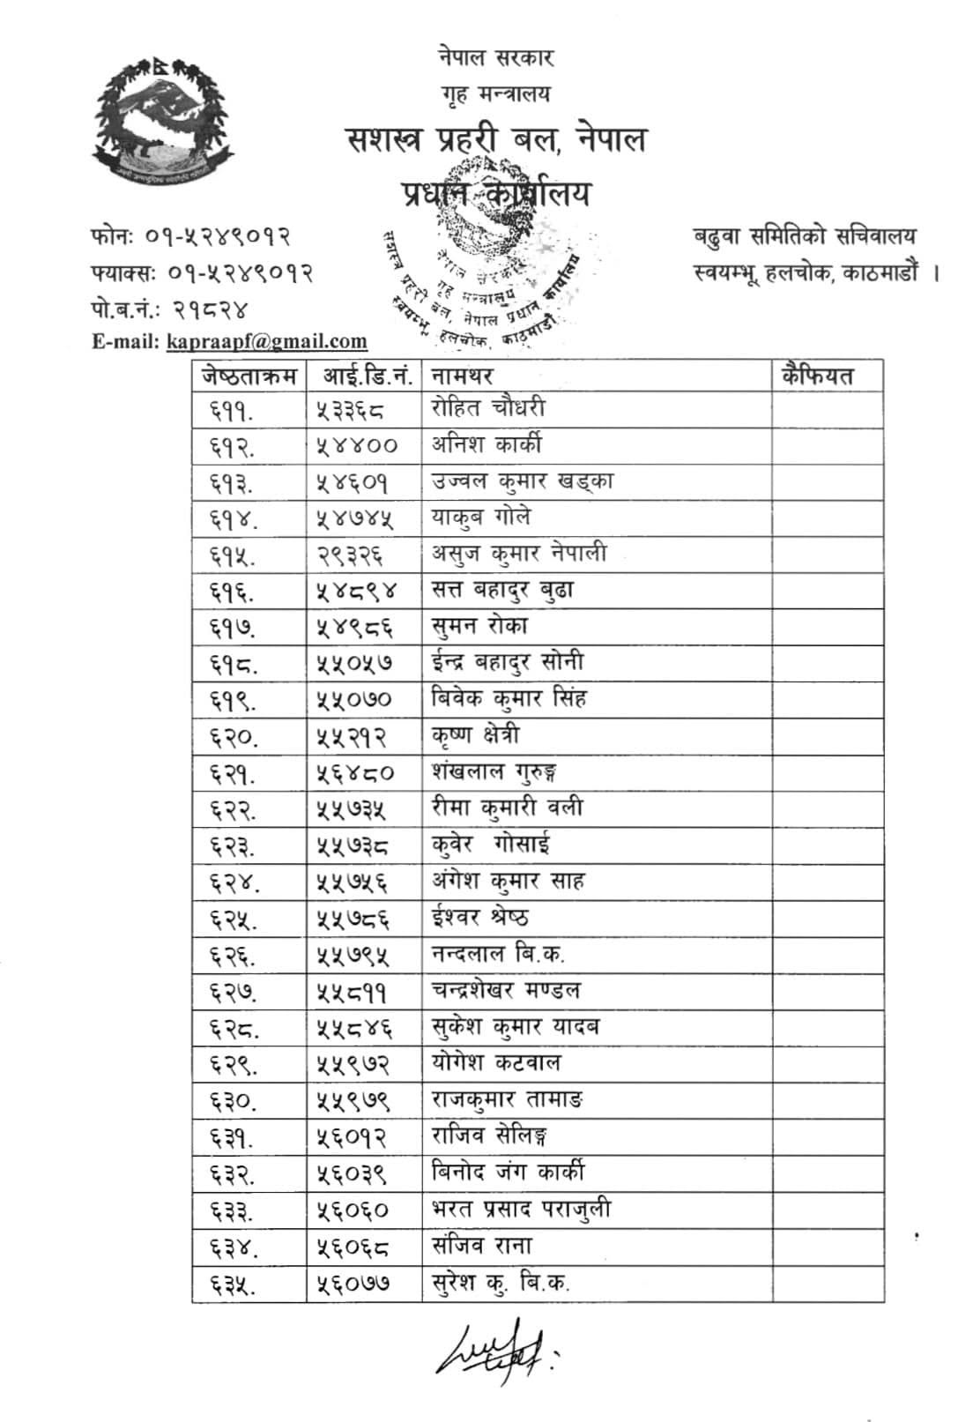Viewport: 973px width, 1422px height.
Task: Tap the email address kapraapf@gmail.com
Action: pyautogui.click(x=266, y=340)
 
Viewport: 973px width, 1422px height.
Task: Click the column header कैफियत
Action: pyautogui.click(x=817, y=376)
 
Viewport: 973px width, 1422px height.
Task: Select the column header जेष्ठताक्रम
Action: pyautogui.click(x=249, y=376)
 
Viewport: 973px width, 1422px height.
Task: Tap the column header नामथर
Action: pyautogui.click(x=462, y=376)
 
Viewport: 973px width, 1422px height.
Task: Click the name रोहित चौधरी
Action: pyautogui.click(x=488, y=408)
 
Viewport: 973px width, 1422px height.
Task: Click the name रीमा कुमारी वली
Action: pyautogui.click(x=508, y=808)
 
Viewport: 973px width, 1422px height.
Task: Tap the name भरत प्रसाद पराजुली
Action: pyautogui.click(x=521, y=1210)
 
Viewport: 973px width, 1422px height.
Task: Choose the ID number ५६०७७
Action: pyautogui.click(x=353, y=1283)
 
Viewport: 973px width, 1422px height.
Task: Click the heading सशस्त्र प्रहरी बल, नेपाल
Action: pyautogui.click(x=496, y=139)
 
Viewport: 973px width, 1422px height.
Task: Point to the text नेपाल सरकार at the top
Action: pyautogui.click(x=495, y=58)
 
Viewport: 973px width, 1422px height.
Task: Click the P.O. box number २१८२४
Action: pyautogui.click(x=212, y=309)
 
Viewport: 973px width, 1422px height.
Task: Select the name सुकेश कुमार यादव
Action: pyautogui.click(x=516, y=1027)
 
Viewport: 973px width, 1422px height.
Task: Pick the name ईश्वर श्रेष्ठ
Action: pyautogui.click(x=480, y=918)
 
